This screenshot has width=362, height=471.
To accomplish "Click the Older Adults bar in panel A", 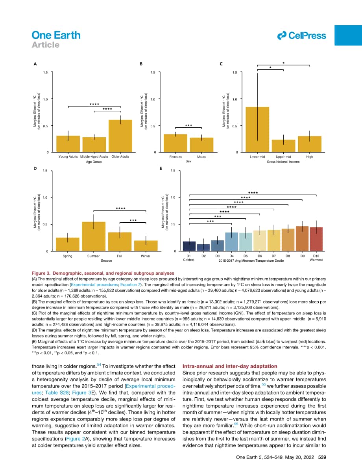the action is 120,136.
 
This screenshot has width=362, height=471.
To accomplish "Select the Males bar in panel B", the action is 201,145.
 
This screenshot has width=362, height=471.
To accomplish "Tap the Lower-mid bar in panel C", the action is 257,129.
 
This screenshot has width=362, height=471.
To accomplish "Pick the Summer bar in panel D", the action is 94,236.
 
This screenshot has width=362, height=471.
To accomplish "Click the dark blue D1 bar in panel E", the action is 189,246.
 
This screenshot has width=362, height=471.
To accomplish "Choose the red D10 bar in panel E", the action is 316,239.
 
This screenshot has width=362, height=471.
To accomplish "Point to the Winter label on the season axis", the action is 146,256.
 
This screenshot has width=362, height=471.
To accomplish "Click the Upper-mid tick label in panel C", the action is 283,157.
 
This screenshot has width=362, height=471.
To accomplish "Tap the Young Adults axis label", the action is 68,156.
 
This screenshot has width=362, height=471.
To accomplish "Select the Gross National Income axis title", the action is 283,162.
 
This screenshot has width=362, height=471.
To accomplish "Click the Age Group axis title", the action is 94,162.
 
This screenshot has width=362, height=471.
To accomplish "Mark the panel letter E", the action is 161,169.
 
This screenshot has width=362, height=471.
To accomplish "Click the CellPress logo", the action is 301,35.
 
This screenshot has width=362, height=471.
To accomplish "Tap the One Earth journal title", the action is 56,35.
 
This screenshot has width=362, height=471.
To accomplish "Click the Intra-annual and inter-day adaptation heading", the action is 230,366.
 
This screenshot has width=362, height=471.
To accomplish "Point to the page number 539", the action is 322,457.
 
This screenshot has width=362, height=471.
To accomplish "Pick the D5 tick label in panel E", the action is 246,256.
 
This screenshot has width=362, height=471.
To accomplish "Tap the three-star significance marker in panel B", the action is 188,126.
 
